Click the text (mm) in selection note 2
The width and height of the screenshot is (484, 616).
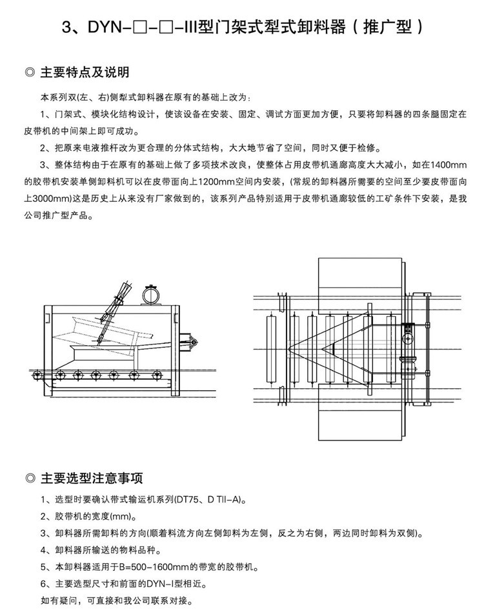(121, 517)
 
